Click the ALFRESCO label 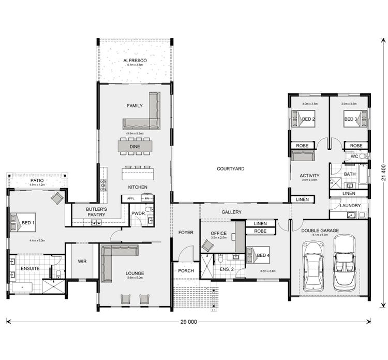[135, 61]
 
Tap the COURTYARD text [230, 169]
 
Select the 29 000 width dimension [189, 322]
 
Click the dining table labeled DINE [135, 147]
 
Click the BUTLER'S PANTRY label [96, 212]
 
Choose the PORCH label [186, 271]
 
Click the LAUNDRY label [350, 206]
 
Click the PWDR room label [138, 213]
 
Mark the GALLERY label [231, 212]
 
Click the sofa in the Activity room [302, 156]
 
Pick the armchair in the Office [208, 245]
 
